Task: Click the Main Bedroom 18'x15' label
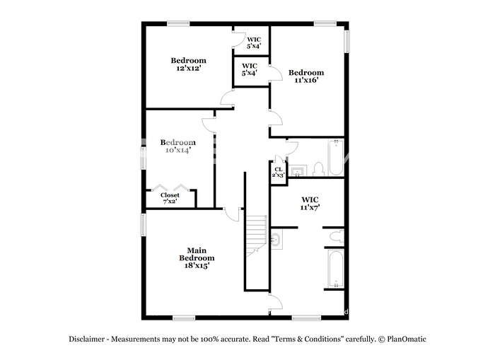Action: tap(197, 258)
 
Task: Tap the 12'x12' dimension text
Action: tap(189, 68)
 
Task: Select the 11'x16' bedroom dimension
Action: tap(306, 80)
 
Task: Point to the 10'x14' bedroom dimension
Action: tap(178, 151)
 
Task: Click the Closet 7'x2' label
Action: tap(170, 198)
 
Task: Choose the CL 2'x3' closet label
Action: tap(279, 172)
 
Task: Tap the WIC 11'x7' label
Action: tap(310, 204)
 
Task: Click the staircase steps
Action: tap(256, 236)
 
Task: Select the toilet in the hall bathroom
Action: tap(318, 169)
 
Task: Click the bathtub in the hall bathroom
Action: tap(336, 158)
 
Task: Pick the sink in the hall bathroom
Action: tap(298, 171)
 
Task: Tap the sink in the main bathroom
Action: tap(276, 239)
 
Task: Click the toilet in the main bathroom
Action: tap(337, 236)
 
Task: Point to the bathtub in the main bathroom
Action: tap(336, 269)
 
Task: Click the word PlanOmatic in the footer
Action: tap(407, 339)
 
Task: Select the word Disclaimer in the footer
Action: tap(87, 339)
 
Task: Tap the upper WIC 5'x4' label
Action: tap(254, 42)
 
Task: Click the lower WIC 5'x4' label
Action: tap(250, 69)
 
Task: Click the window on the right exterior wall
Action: tap(346, 41)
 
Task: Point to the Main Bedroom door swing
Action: tap(232, 216)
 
